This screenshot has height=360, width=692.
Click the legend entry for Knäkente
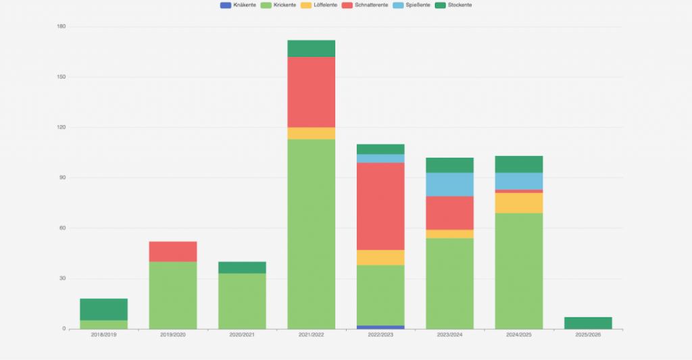point(238,5)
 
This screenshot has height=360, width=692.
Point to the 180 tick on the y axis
point(61,27)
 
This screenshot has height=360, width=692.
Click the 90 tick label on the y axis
point(63,178)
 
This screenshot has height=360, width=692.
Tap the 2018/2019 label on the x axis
point(103,335)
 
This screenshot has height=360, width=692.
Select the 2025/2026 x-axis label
point(588,335)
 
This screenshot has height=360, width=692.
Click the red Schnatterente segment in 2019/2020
point(173,251)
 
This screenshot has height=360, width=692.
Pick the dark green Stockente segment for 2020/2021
point(242,267)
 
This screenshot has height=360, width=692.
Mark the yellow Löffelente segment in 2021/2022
point(312,133)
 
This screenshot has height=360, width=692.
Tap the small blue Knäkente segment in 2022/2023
point(380,327)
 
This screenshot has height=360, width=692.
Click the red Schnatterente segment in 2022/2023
point(380,206)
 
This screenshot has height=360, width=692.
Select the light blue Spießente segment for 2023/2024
point(449,184)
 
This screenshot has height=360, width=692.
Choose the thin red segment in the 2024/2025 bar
point(519,191)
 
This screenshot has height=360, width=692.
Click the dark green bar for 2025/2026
point(588,323)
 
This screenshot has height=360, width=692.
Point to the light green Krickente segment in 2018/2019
point(103,325)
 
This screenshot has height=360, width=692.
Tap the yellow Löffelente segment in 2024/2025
point(519,203)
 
